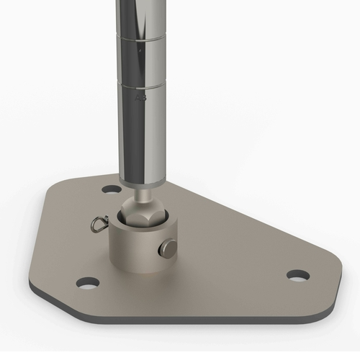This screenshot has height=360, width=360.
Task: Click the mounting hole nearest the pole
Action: (111, 189)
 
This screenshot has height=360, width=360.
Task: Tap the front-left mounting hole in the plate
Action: (87, 282)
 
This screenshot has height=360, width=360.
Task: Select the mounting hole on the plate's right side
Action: (297, 275)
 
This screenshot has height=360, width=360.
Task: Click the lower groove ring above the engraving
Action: (140, 85)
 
